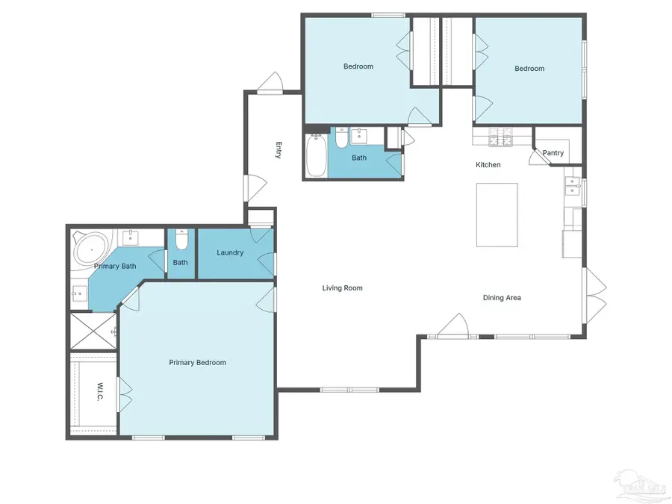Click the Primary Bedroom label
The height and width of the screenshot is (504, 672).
click(197, 363)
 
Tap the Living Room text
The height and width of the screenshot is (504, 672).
click(342, 288)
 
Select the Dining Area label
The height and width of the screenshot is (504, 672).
click(502, 298)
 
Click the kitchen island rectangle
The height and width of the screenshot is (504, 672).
click(497, 215)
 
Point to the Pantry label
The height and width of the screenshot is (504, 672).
click(553, 153)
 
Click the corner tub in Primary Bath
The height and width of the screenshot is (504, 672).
click(90, 248)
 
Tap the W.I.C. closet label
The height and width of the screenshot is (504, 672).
click(100, 393)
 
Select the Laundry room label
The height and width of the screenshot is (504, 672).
click(230, 252)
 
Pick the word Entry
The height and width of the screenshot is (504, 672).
click(279, 150)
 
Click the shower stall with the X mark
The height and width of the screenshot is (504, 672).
click(93, 331)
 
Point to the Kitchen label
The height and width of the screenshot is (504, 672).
click(488, 165)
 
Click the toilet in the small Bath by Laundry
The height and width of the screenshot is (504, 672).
click(181, 241)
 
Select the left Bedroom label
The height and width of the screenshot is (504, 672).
click(358, 66)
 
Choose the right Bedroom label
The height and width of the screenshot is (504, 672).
click(529, 69)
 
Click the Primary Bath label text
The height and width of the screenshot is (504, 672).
click(114, 266)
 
